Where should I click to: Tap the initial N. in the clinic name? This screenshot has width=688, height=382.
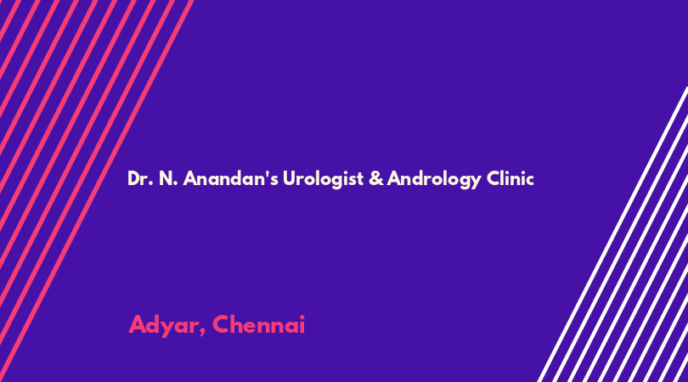pyautogui.click(x=168, y=178)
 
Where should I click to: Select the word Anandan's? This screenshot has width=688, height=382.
pyautogui.click(x=230, y=178)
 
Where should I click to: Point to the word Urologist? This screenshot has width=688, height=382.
pyautogui.click(x=323, y=179)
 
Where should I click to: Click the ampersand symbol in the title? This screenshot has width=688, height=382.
pyautogui.click(x=376, y=178)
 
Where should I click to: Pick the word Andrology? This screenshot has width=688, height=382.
pyautogui.click(x=434, y=179)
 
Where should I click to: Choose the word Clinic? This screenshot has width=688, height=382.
pyautogui.click(x=510, y=178)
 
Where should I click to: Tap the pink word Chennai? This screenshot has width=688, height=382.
pyautogui.click(x=258, y=324)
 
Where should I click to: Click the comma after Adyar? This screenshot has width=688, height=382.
pyautogui.click(x=202, y=332)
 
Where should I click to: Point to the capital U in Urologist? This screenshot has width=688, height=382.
pyautogui.click(x=289, y=178)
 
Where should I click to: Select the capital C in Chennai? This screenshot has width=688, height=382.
pyautogui.click(x=222, y=324)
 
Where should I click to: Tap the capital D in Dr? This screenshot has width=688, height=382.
pyautogui.click(x=133, y=178)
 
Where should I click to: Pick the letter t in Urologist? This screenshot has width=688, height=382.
pyautogui.click(x=360, y=179)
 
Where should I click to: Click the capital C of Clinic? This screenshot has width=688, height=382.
pyautogui.click(x=493, y=178)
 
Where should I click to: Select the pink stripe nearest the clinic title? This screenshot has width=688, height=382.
pyautogui.click(x=96, y=191)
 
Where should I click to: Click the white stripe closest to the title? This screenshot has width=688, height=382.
pyautogui.click(x=612, y=234)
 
